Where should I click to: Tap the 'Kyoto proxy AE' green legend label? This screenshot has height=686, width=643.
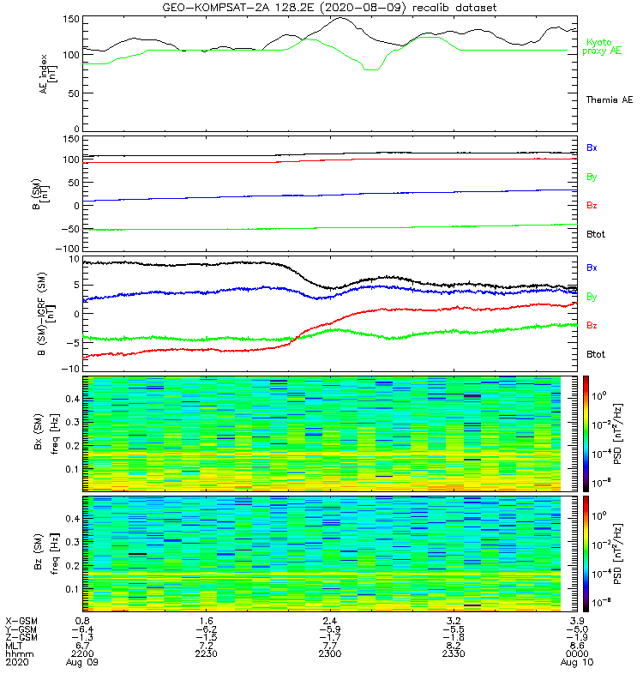pos(608,46)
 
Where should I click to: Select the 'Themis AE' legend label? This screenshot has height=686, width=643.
pos(610,100)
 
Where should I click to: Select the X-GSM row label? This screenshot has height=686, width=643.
pos(21,619)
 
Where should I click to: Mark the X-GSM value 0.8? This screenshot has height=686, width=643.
pos(83,619)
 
